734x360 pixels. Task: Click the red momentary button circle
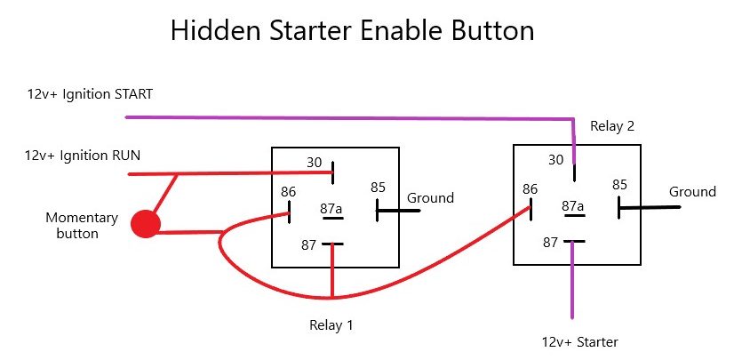[x=145, y=224]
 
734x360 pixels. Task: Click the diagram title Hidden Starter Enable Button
[x=352, y=31]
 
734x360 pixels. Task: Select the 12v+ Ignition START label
[x=89, y=93]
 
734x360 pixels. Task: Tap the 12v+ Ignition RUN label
[x=83, y=156]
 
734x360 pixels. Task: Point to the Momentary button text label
[x=81, y=225]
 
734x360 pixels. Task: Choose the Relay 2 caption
[x=612, y=126]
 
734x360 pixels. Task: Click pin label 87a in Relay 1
[x=331, y=210]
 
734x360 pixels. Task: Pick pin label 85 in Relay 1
[x=379, y=188]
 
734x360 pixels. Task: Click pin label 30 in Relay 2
[x=556, y=160]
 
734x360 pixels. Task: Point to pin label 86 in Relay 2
[x=531, y=188]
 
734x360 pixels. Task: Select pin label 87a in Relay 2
[x=572, y=206]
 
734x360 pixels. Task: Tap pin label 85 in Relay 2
[x=619, y=184]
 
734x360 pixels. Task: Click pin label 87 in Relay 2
[x=550, y=241]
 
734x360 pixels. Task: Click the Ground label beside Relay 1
[x=430, y=197]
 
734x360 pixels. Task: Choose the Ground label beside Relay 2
[x=692, y=191]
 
